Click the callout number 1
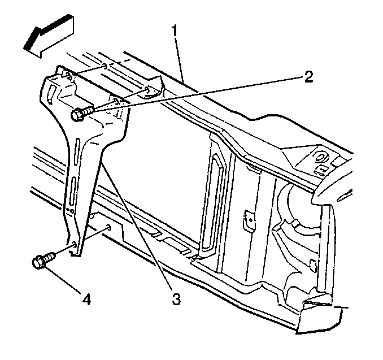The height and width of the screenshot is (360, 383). [175, 32]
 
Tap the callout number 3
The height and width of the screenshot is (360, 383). [176, 299]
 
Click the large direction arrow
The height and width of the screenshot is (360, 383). [49, 36]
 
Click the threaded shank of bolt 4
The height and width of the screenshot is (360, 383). [50, 257]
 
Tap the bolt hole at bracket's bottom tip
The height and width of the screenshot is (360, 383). [74, 244]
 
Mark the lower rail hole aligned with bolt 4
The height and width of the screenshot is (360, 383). [108, 227]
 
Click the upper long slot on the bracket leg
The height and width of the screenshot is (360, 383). [77, 151]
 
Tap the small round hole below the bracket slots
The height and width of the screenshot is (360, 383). [72, 211]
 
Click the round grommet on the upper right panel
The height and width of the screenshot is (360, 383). [320, 158]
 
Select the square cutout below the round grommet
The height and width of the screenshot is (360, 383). [321, 170]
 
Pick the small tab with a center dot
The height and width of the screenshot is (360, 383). [249, 219]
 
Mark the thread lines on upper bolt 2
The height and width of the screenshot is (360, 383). [89, 110]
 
